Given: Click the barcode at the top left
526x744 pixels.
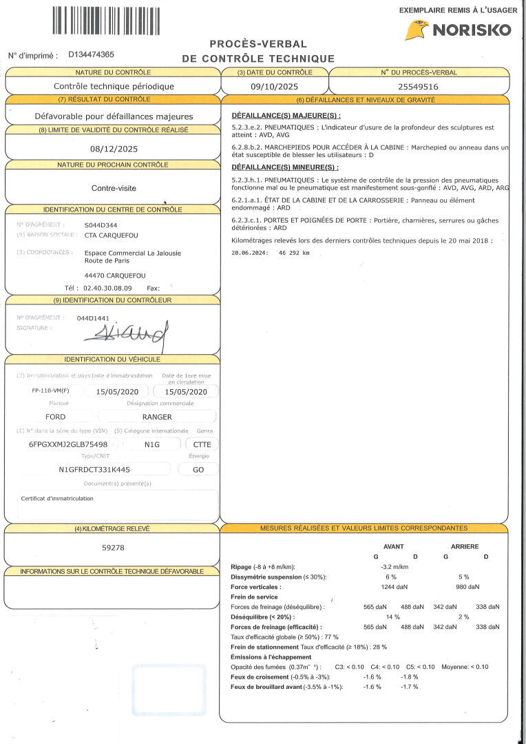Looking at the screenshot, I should pyautogui.click(x=105, y=20).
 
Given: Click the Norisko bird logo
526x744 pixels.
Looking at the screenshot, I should pyautogui.click(x=417, y=30).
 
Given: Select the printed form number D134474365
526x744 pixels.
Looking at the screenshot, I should pyautogui.click(x=92, y=54).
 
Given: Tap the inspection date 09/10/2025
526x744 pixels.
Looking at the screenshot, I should pyautogui.click(x=275, y=87).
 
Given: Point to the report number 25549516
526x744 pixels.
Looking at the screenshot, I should pyautogui.click(x=419, y=87).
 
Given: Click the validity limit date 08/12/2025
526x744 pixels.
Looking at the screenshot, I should pyautogui.click(x=114, y=149).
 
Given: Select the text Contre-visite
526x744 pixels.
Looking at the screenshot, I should pyautogui.click(x=114, y=187).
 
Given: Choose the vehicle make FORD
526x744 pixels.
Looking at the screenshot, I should pyautogui.click(x=56, y=417).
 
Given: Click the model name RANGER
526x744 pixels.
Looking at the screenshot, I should pyautogui.click(x=157, y=417).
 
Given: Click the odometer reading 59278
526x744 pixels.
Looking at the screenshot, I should pyautogui.click(x=113, y=548).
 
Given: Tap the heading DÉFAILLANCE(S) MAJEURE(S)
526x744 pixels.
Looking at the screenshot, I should pyautogui.click(x=286, y=115).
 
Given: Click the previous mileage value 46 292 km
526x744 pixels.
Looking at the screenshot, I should pyautogui.click(x=294, y=253).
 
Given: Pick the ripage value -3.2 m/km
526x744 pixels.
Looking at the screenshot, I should pyautogui.click(x=394, y=567).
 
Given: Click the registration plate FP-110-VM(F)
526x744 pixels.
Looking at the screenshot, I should pyautogui.click(x=50, y=391).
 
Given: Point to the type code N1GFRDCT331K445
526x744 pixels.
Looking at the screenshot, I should pyautogui.click(x=94, y=469).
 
